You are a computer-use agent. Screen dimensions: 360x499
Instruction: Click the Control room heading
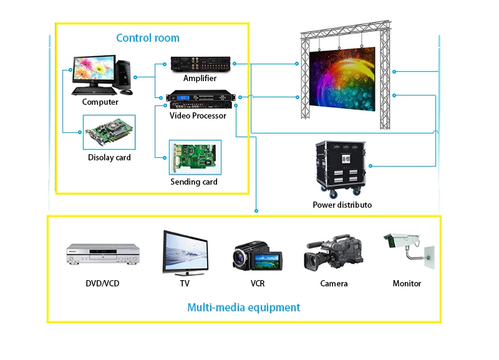[148, 38]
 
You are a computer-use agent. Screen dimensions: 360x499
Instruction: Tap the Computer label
[100, 102]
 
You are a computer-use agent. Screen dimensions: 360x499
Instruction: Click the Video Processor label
[198, 115]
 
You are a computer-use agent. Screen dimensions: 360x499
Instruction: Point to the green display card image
[109, 132]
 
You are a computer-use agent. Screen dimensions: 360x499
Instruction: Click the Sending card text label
[194, 182]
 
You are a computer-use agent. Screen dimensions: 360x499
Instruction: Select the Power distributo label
[342, 205]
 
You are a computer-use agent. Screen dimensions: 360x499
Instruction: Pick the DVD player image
[102, 254]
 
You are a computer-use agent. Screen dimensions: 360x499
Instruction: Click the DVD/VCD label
[102, 283]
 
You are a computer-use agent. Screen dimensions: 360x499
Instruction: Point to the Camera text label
[334, 283]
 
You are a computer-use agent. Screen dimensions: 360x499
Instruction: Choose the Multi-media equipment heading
[244, 307]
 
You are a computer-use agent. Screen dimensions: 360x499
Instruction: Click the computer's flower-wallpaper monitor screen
[94, 69]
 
